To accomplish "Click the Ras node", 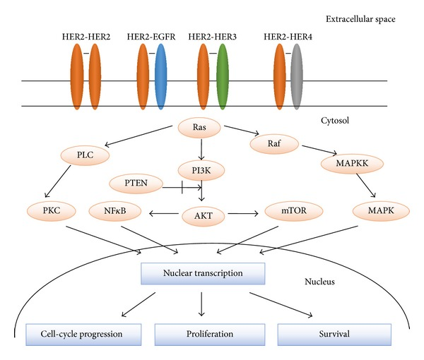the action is (x=199, y=128).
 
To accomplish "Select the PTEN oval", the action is (x=136, y=184).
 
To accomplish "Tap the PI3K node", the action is (x=201, y=171).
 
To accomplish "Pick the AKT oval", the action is (x=204, y=216).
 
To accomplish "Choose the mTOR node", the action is (x=294, y=210).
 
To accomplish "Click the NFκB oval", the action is (x=115, y=210).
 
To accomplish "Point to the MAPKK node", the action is (x=352, y=164).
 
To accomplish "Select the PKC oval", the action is (x=51, y=210).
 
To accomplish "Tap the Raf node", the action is (x=274, y=144).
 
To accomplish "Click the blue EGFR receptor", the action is (x=161, y=77).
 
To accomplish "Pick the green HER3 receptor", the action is (x=223, y=77).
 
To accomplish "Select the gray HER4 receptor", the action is (x=297, y=77).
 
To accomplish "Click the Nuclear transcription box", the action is (x=203, y=273).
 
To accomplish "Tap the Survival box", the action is (x=334, y=335).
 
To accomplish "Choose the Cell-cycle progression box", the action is (x=83, y=335).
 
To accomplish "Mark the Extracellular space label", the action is (x=360, y=19).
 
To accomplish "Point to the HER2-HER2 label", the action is (x=86, y=37).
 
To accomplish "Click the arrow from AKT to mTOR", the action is (x=243, y=214).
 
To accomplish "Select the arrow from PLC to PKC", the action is (x=58, y=181).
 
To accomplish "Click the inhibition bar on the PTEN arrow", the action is (x=182, y=187).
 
